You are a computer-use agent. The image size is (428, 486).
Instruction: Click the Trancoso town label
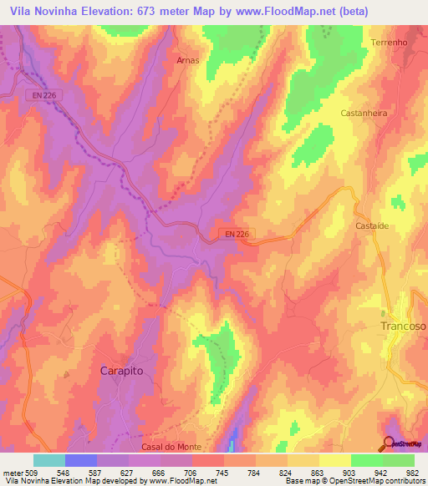point(402,327)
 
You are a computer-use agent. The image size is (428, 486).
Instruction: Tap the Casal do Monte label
point(171,448)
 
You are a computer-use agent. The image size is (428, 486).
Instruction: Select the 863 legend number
point(315,472)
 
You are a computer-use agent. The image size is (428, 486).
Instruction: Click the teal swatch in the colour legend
point(49,460)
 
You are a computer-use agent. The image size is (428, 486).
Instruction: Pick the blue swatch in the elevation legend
point(81,460)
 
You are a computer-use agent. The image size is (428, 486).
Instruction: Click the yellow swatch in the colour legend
point(334,460)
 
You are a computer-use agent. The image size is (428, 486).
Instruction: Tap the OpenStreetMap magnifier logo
point(390,444)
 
